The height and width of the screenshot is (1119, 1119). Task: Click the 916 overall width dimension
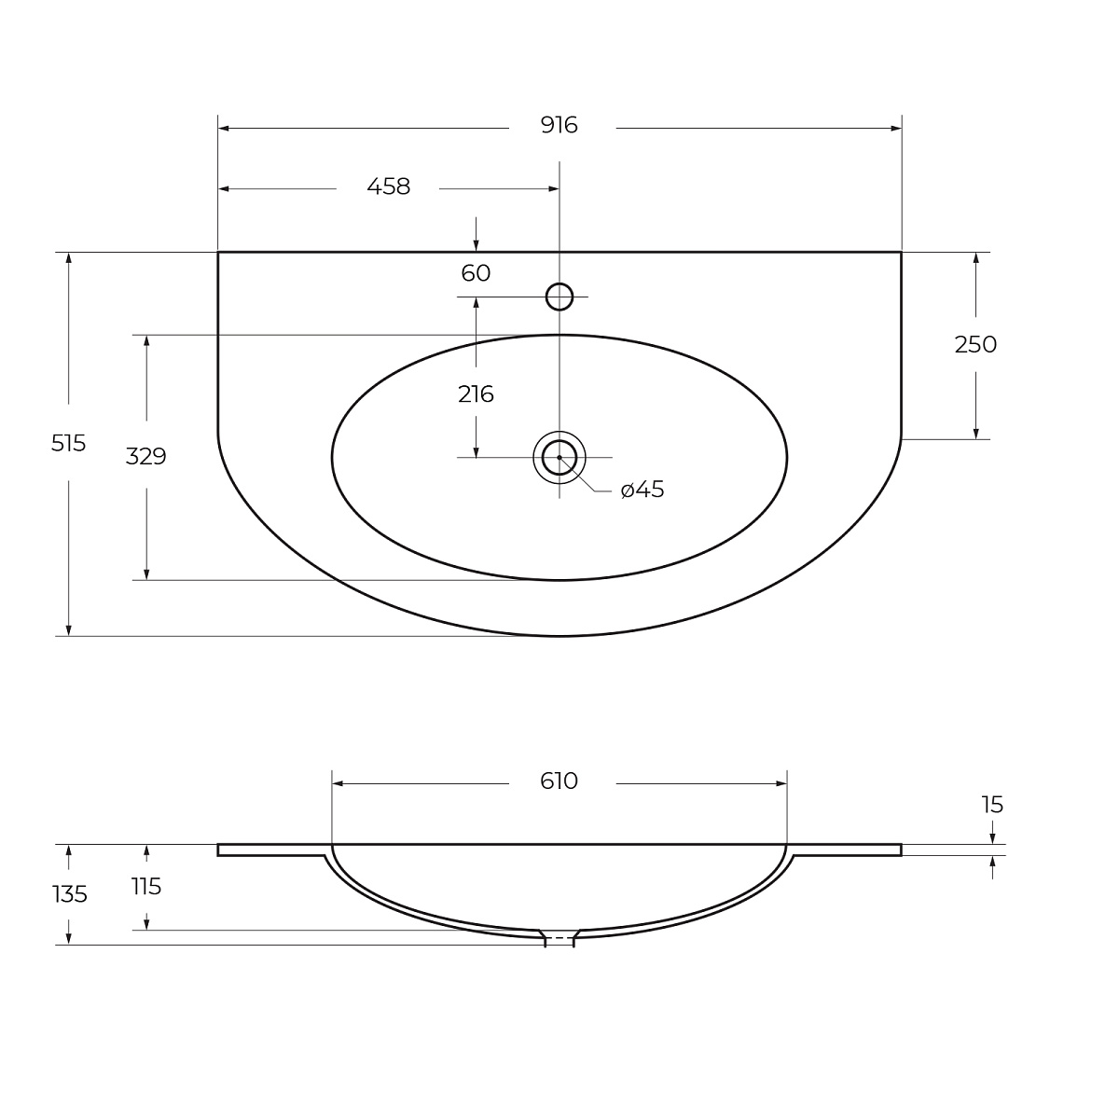559,126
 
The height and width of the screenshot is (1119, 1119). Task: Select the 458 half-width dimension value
389,187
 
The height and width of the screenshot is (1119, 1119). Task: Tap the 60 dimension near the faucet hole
476,273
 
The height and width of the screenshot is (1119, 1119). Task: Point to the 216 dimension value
476,394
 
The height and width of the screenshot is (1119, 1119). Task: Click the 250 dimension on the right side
975,345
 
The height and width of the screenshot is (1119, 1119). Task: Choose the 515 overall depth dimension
68,444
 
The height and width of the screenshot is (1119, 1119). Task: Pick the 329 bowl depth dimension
145,456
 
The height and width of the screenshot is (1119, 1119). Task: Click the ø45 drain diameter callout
642,490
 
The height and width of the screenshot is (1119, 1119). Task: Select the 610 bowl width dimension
559,781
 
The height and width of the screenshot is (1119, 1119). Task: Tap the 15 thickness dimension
992,805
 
